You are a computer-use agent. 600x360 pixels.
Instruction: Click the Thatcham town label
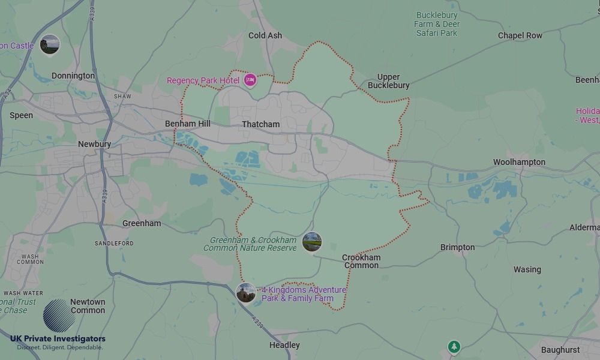coord(260,124)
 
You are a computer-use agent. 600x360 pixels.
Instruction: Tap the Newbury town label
coord(94,144)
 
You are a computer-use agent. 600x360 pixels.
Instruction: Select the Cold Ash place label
coord(265,35)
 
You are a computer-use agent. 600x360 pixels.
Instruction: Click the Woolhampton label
coord(519,162)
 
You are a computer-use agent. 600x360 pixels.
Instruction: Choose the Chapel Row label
coord(520,35)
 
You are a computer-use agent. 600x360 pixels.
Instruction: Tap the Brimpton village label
coord(457,247)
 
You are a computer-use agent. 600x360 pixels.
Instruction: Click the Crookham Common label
coord(361,261)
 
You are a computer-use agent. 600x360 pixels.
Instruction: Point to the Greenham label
coord(142,223)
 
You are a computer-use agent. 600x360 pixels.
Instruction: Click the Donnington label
coord(73,76)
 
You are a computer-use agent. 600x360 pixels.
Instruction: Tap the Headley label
coord(284,345)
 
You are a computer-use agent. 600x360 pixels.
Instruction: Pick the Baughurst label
coord(560,350)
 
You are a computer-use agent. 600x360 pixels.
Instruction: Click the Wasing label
coord(527,269)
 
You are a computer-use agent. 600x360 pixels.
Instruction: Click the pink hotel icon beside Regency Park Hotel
coord(250,80)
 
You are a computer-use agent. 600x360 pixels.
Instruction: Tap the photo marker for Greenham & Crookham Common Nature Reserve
coord(312,242)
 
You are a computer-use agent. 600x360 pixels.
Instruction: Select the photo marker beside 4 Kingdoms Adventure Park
coord(246,293)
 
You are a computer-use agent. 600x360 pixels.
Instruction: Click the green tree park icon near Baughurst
coord(454,346)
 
